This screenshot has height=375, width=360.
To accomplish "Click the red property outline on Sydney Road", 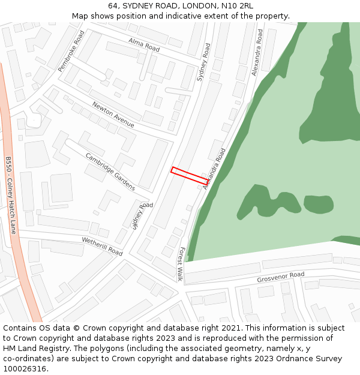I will pos(190,176).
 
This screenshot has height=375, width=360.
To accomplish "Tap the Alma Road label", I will pos(144,44).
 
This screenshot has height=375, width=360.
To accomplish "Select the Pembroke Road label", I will pos(71,52).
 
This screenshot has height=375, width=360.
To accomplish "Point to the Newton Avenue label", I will pos(113,114).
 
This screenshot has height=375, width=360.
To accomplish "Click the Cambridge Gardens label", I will pos(110,171).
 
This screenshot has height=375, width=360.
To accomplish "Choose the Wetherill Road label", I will pos(102,246).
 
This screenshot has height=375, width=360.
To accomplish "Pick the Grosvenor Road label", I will pos(281,278).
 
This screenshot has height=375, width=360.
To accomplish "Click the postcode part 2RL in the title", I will pos(246,6).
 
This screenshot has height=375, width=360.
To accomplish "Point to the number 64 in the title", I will pos(113,6).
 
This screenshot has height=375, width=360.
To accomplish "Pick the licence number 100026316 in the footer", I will pos(24,369).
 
